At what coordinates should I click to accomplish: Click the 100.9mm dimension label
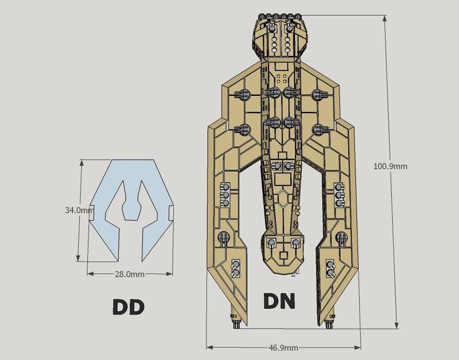(x=390, y=167)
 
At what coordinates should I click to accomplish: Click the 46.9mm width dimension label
(x=283, y=348)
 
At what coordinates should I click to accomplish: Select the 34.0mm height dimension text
(x=77, y=210)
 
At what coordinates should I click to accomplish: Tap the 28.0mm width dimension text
(x=130, y=274)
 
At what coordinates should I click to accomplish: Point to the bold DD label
(x=129, y=307)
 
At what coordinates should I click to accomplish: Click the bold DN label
(x=279, y=301)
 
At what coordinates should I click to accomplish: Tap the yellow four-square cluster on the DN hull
(x=282, y=78)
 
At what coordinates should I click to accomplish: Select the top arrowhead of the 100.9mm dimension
(x=385, y=18)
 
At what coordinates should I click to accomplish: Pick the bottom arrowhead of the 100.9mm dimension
(x=396, y=326)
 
